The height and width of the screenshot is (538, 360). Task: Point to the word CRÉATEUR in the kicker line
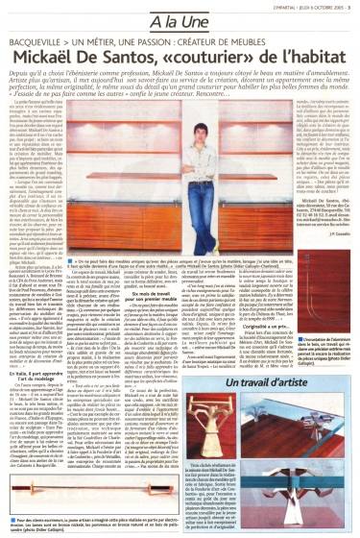pyautogui.click(x=226, y=42)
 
